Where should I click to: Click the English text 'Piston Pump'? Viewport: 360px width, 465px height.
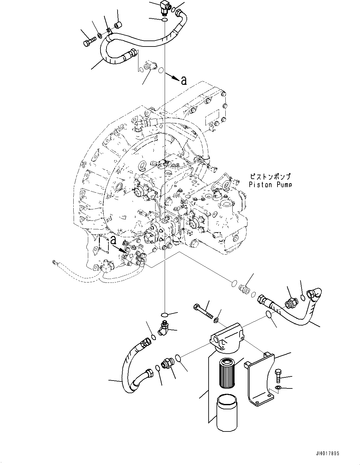point(270,184)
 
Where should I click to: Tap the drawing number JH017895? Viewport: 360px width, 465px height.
point(325,453)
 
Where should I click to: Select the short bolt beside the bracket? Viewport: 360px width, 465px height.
point(278,375)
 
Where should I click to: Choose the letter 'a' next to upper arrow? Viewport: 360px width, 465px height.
point(184,81)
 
